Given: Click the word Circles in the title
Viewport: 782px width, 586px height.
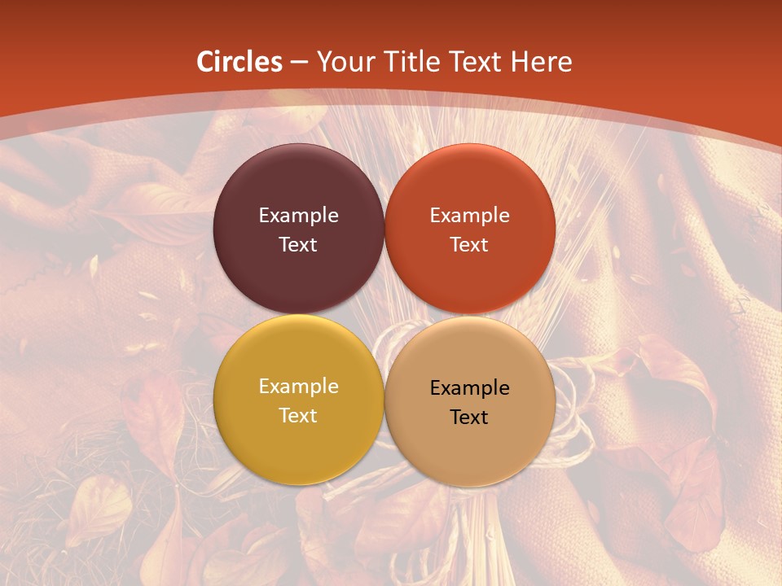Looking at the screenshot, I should (x=239, y=62).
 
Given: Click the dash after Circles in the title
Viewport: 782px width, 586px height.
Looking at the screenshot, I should (x=299, y=63).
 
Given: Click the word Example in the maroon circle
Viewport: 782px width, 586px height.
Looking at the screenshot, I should (x=298, y=215).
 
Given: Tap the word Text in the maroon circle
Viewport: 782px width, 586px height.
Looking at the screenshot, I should (x=298, y=245).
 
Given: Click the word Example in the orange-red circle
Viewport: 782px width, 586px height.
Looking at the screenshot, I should (x=469, y=215).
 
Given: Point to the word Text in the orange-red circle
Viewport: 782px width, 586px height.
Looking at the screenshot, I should (x=469, y=245).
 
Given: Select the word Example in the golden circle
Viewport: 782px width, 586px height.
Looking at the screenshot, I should (x=298, y=386).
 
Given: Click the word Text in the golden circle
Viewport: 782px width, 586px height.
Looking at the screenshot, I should (x=298, y=416).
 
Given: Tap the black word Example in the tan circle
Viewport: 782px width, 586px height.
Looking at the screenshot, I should (x=469, y=387).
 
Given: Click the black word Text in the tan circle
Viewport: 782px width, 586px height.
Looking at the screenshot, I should (x=469, y=418).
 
